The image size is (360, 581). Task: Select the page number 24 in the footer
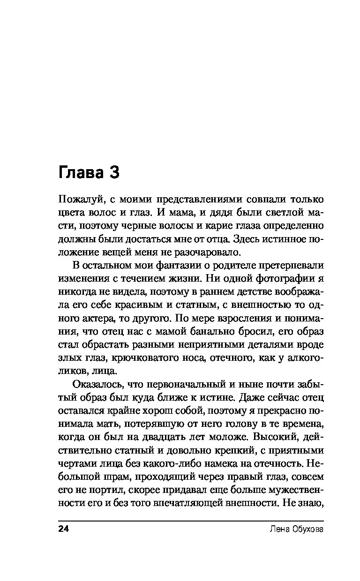pyautogui.click(x=63, y=529)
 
